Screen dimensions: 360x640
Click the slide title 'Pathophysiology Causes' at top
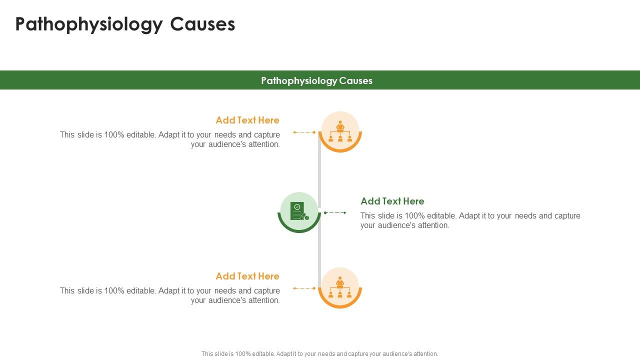coord(125,24)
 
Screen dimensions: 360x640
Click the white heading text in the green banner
coord(316,80)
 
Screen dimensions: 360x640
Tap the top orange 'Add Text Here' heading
coord(247,120)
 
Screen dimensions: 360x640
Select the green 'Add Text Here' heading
coord(392,201)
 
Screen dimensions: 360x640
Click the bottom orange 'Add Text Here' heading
coord(247,276)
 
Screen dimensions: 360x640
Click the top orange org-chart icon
coord(340,131)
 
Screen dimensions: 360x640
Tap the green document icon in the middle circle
coord(298,211)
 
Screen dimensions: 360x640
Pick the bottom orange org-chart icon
coord(340,287)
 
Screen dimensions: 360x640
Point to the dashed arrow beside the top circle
coord(304,132)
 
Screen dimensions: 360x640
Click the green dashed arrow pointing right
coord(335,213)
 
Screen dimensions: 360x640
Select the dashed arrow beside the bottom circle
coord(304,288)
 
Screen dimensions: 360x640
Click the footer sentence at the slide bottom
coord(319,353)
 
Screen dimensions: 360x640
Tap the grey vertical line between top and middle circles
coord(319,170)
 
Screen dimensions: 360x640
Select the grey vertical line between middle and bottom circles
coord(319,250)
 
